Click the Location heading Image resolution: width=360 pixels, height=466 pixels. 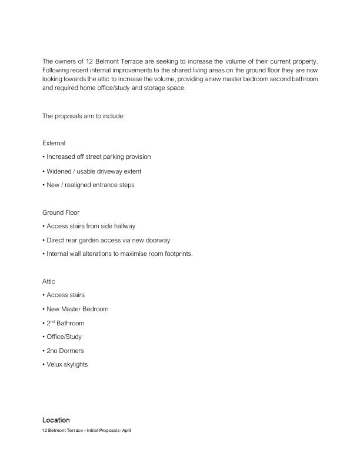(56, 420)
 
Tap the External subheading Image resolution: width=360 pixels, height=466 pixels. (54, 143)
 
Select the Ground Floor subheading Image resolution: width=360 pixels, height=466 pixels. (61, 212)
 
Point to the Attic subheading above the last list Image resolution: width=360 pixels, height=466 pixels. (49, 282)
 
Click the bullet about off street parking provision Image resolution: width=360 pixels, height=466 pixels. (98, 157)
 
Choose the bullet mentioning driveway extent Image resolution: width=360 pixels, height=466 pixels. (93, 171)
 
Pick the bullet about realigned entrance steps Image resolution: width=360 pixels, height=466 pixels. (89, 185)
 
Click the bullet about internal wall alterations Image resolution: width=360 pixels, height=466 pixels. (118, 254)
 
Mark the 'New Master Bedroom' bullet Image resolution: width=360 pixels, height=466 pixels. (76, 309)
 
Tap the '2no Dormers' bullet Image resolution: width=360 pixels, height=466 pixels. (64, 351)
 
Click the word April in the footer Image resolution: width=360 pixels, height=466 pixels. (126, 431)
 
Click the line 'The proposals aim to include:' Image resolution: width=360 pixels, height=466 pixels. (83, 116)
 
